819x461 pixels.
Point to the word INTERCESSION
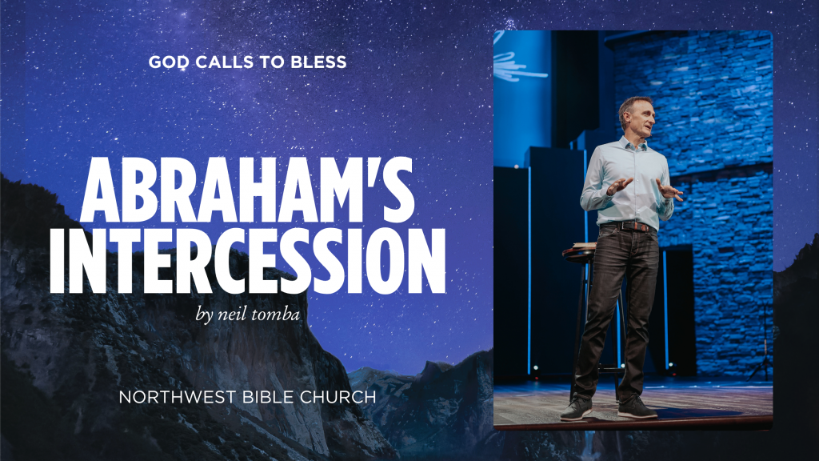coord(247,260)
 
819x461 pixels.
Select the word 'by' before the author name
coord(205,314)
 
